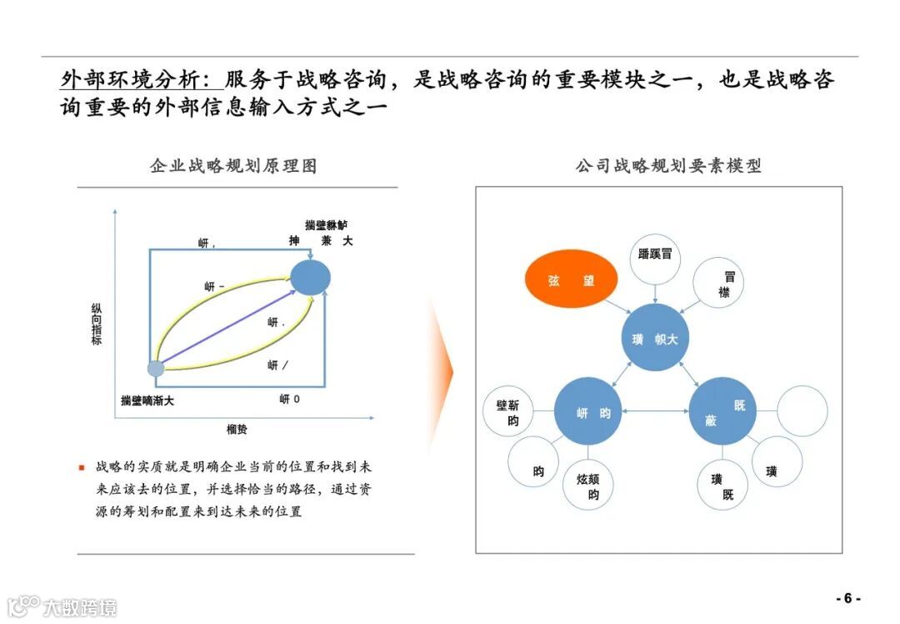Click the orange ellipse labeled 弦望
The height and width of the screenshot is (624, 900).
(x=572, y=280)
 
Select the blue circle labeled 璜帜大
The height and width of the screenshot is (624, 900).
(x=655, y=339)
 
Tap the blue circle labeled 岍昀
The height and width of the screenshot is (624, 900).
(x=588, y=411)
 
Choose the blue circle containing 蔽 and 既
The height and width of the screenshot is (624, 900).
(x=722, y=411)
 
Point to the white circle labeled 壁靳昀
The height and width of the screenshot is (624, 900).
(x=508, y=412)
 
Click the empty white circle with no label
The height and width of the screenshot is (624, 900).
(x=802, y=410)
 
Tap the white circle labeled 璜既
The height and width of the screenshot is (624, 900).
(x=722, y=486)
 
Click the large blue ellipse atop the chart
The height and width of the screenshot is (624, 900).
(x=310, y=277)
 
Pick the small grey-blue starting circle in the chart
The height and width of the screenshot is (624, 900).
(x=156, y=368)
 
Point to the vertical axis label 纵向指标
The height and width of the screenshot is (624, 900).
(x=97, y=325)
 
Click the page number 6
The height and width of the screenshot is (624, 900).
(x=847, y=598)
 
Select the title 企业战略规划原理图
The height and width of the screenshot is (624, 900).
(x=233, y=166)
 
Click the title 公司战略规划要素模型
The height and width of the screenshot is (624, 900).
(x=668, y=166)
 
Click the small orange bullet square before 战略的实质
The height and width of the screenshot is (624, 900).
(x=82, y=467)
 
